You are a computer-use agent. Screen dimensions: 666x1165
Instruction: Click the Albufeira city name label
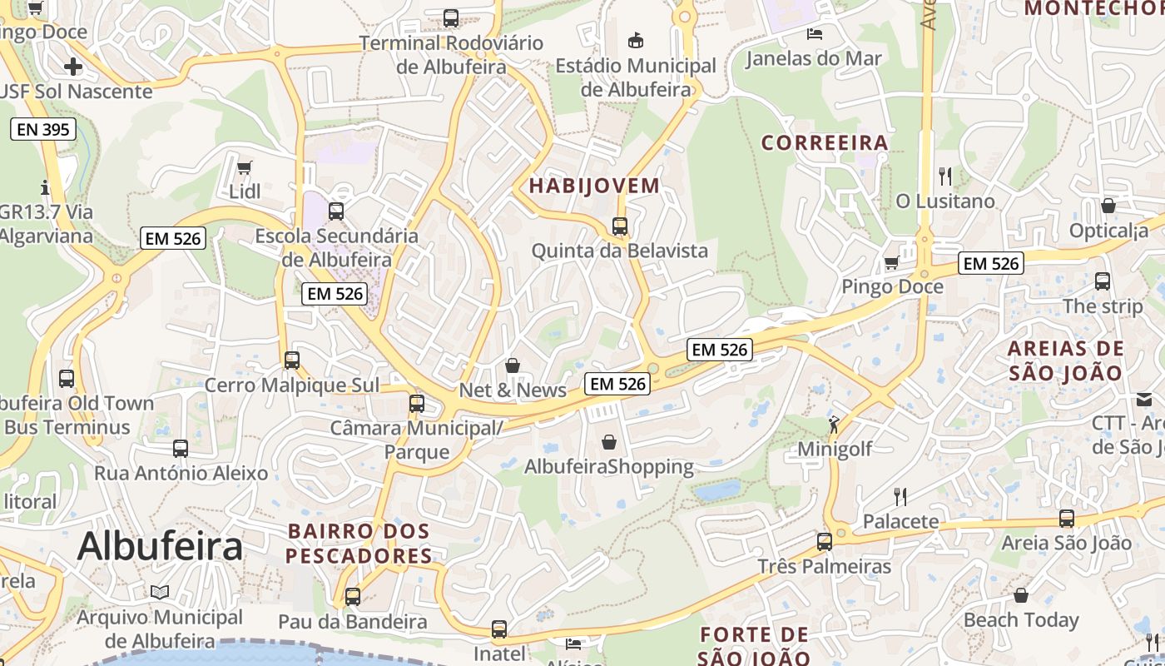click(160, 547)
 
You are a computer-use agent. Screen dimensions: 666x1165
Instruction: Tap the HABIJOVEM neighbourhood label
click(594, 186)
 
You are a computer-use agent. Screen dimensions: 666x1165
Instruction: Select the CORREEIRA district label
click(825, 142)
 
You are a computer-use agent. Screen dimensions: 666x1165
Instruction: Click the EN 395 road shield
click(43, 129)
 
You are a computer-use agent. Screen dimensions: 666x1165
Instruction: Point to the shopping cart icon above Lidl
click(245, 168)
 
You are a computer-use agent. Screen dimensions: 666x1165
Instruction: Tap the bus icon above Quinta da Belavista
click(619, 226)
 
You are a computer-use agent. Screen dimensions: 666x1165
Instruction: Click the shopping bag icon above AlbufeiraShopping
click(609, 442)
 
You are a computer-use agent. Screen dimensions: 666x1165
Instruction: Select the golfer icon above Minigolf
click(834, 425)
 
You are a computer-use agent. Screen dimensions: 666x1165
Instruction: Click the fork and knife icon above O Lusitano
click(944, 176)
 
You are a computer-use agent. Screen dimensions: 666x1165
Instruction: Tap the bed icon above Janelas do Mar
click(814, 34)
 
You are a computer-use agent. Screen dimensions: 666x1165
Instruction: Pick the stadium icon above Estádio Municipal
click(636, 39)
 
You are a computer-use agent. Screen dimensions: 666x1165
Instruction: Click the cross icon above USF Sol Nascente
click(73, 66)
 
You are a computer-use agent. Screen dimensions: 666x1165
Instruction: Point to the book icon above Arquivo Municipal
click(160, 592)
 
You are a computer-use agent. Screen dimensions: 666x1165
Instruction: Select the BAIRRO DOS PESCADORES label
click(359, 543)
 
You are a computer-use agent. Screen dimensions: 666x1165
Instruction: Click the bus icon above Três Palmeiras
click(824, 542)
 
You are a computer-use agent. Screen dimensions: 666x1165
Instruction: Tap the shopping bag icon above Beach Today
click(1020, 595)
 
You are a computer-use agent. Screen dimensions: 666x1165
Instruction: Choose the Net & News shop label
click(513, 390)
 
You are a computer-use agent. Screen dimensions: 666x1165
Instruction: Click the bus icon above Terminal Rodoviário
click(451, 17)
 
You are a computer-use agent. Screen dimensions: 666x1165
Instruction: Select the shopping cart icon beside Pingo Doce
click(891, 263)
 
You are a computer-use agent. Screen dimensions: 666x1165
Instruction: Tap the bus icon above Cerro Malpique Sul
click(291, 360)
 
